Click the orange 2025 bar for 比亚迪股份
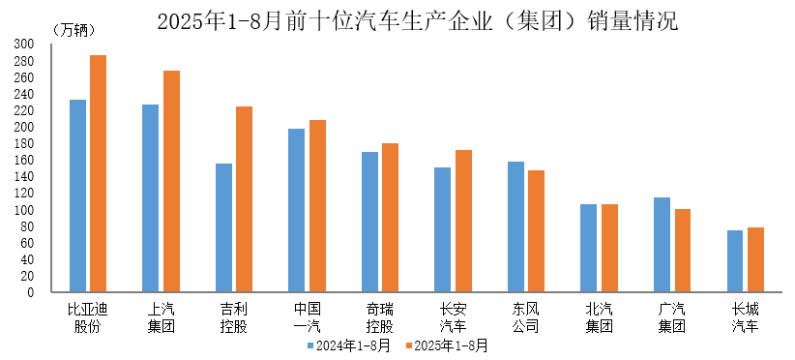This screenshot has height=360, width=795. pos(98,173)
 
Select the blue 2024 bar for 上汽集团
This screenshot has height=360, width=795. pos(151,198)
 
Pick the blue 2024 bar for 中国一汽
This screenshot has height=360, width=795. pos(297,210)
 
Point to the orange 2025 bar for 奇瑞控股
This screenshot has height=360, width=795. pos(390,218)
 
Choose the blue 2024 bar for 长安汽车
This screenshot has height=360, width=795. pos(442,229)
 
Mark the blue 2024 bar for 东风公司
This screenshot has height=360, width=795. pos(515,226)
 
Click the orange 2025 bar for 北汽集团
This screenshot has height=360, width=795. pos(609,248)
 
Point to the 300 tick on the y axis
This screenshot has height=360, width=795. pos(24,45)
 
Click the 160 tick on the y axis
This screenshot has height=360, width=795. pos(24,160)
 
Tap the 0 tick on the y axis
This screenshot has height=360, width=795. pos(31,292)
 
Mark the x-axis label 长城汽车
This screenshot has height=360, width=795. pos(746,317)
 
